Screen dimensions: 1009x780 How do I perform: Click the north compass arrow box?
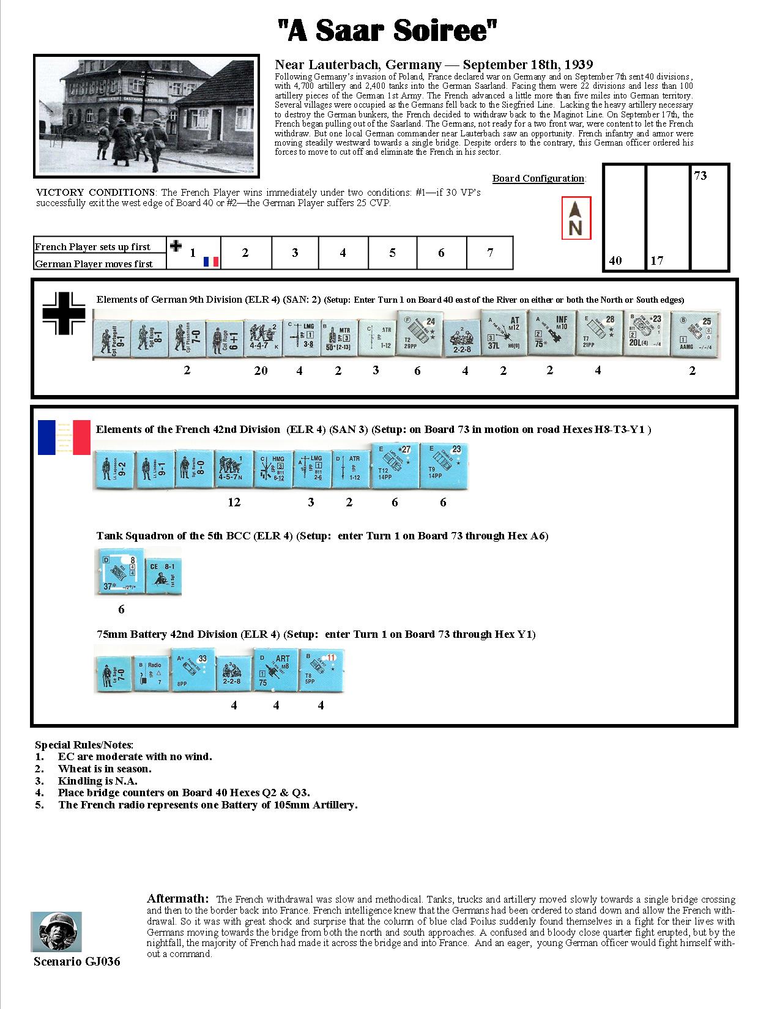(x=576, y=218)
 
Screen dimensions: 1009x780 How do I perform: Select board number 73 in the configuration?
(x=700, y=176)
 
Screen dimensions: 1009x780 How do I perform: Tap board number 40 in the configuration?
(x=615, y=261)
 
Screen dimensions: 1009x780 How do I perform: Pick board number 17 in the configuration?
(x=656, y=261)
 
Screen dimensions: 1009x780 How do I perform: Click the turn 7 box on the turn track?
(x=489, y=253)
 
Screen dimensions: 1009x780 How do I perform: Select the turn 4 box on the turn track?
(x=343, y=253)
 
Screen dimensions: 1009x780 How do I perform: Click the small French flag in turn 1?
(x=211, y=262)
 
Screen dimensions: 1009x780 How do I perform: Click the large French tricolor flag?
(x=64, y=437)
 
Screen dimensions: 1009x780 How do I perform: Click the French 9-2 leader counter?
(x=113, y=470)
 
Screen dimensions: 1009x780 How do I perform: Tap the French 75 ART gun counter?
(x=275, y=671)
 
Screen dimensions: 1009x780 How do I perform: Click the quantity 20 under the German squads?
(x=261, y=371)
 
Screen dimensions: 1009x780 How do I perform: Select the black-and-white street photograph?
(x=145, y=116)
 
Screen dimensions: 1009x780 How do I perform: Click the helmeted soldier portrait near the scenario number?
(x=56, y=931)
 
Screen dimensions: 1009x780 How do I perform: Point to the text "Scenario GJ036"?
(x=77, y=962)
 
